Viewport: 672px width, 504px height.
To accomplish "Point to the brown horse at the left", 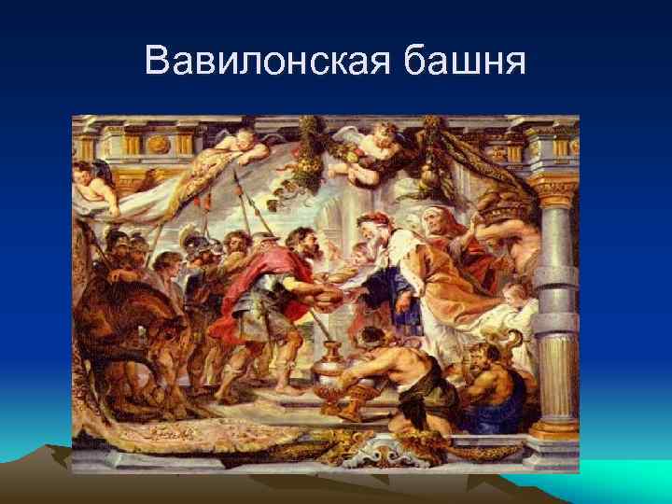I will tap(131, 345).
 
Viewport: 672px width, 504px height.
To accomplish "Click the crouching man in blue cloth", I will tap(485, 383).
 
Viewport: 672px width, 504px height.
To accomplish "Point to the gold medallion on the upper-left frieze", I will tap(160, 146).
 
